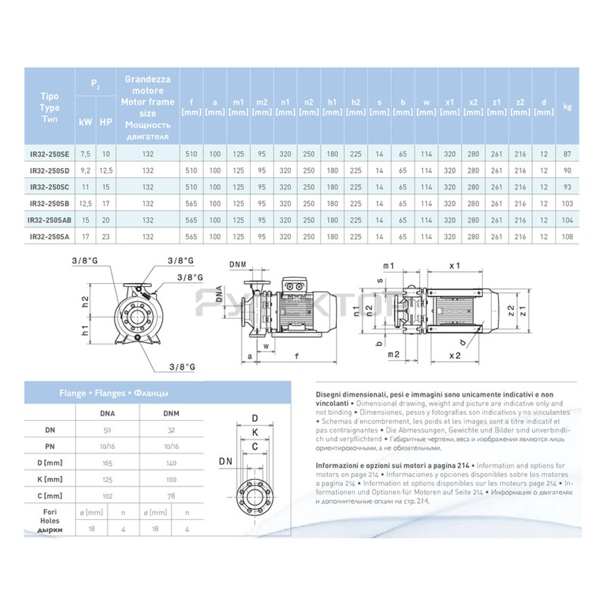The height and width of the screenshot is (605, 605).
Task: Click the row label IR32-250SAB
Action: point(50,220)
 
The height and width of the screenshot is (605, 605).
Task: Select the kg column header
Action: point(567,107)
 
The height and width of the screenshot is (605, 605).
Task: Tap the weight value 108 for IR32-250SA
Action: point(567,237)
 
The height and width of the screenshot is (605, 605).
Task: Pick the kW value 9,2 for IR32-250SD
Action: point(85,171)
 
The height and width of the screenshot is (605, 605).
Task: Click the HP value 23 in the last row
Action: point(106,237)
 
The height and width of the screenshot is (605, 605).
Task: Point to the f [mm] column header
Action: point(191,107)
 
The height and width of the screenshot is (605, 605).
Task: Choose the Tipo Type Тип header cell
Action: point(50,107)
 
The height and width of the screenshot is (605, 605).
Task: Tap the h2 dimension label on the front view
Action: point(86,301)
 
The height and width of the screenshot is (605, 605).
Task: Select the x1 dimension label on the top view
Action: point(455,266)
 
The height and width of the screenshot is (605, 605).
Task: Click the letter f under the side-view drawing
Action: point(296,356)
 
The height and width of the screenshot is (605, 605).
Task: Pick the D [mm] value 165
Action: point(107,463)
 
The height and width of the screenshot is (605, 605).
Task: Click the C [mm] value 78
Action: point(172,496)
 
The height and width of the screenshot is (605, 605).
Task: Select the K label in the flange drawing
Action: point(255,432)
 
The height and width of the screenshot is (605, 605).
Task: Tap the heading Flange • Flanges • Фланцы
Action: point(114,393)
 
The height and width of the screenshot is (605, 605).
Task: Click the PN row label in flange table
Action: point(50,446)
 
